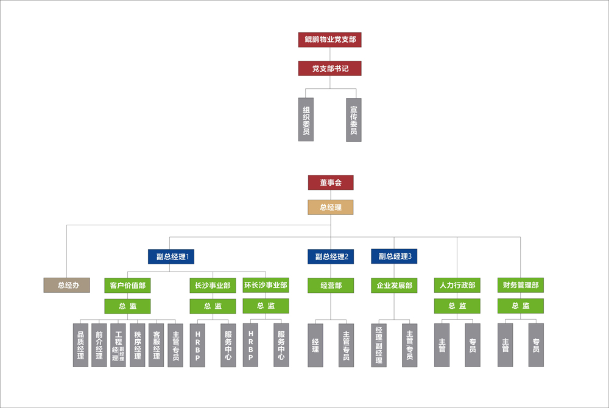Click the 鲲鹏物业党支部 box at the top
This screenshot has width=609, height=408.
click(x=330, y=40)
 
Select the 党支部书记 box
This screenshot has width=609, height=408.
click(x=330, y=68)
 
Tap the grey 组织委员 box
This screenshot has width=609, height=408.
click(x=306, y=119)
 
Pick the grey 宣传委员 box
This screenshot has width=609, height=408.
click(x=353, y=119)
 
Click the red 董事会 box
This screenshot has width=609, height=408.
click(x=330, y=182)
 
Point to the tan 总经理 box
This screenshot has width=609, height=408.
click(x=330, y=207)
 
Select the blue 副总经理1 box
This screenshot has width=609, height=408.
click(x=171, y=256)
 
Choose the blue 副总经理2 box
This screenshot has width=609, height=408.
click(x=331, y=256)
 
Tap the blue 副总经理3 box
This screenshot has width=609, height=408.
click(x=394, y=256)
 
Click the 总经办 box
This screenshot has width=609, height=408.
click(x=66, y=284)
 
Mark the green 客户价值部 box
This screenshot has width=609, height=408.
click(x=127, y=285)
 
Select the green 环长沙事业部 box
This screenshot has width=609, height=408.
click(x=266, y=284)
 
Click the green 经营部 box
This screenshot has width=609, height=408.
click(x=331, y=285)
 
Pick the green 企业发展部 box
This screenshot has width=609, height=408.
click(x=394, y=285)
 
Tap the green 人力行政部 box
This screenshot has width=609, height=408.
click(x=457, y=285)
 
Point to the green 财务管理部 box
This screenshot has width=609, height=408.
click(x=521, y=285)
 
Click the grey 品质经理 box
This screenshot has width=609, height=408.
click(x=80, y=345)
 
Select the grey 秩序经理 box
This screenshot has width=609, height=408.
click(x=138, y=345)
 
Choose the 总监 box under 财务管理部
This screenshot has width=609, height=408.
click(x=521, y=306)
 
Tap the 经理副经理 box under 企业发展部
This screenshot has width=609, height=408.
click(x=379, y=345)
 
